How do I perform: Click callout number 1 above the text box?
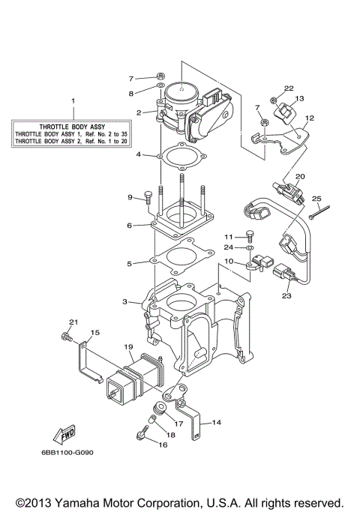point(73,100)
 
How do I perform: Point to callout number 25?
point(316,199)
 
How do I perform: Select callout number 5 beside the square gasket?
point(130,263)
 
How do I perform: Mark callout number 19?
point(128,347)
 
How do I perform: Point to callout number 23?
point(286,295)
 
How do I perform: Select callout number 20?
point(300,177)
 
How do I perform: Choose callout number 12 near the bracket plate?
point(309,118)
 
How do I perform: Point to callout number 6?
point(130,224)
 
